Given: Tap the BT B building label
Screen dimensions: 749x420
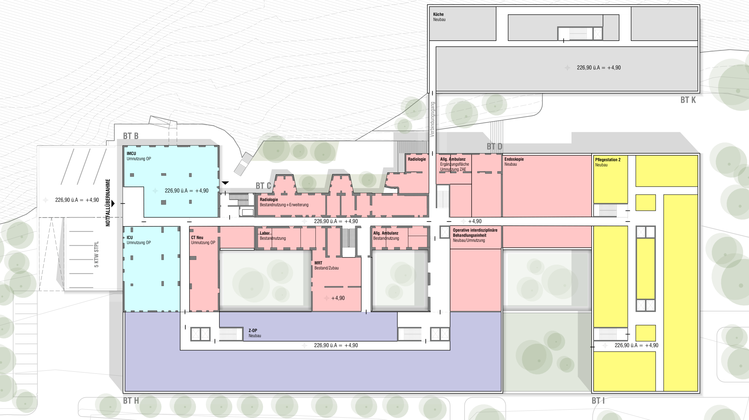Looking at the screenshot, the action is pyautogui.click(x=131, y=136).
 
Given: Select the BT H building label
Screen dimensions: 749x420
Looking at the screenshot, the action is pyautogui.click(x=131, y=401).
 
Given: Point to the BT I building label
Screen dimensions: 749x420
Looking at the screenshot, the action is pyautogui.click(x=598, y=401).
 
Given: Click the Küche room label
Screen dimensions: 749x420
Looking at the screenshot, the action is pyautogui.click(x=438, y=14).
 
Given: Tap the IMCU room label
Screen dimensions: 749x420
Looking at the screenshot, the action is pyautogui.click(x=131, y=153).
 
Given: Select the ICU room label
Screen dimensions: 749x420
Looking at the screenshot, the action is pyautogui.click(x=130, y=237).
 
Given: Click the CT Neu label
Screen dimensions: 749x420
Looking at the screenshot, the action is pyautogui.click(x=197, y=237).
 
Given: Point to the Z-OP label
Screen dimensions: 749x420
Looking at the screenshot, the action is pyautogui.click(x=253, y=330).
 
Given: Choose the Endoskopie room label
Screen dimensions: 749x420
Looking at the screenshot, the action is pyautogui.click(x=514, y=159).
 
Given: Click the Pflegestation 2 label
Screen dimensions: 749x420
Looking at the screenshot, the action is pyautogui.click(x=608, y=160).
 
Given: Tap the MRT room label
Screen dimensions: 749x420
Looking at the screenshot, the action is pyautogui.click(x=318, y=263).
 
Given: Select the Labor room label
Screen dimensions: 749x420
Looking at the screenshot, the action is pyautogui.click(x=264, y=233).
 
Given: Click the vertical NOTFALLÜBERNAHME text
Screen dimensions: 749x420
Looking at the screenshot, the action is pyautogui.click(x=108, y=203).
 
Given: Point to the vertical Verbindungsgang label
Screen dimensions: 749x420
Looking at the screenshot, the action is pyautogui.click(x=432, y=119).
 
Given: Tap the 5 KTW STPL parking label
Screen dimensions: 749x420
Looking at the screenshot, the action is pyautogui.click(x=96, y=254).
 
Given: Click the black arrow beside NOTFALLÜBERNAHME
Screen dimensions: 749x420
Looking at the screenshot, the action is pyautogui.click(x=113, y=203).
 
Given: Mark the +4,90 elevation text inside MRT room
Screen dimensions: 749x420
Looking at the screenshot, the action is pyautogui.click(x=338, y=298).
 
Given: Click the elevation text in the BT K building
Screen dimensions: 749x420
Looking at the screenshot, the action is pyautogui.click(x=599, y=68).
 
